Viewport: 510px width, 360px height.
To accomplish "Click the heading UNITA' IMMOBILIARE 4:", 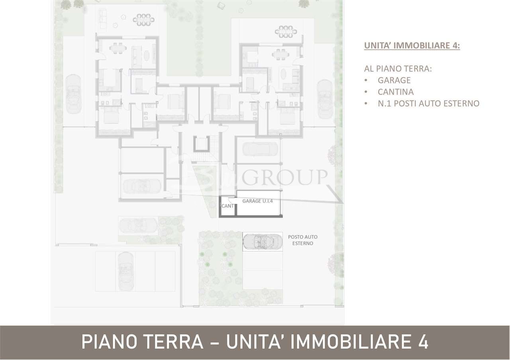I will pyautogui.click(x=412, y=45).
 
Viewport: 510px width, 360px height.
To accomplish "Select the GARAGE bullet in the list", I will pyautogui.click(x=394, y=80).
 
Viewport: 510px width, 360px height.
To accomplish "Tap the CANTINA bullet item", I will pyautogui.click(x=396, y=92).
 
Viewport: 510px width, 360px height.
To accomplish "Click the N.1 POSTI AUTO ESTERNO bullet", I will pyautogui.click(x=428, y=103).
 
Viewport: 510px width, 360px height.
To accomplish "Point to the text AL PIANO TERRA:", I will pyautogui.click(x=398, y=68).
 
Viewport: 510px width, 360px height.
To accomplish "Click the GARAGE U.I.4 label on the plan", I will pyautogui.click(x=257, y=201).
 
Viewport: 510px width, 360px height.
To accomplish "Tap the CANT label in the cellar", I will pyautogui.click(x=228, y=206).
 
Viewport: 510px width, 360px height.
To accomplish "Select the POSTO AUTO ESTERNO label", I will pyautogui.click(x=303, y=240).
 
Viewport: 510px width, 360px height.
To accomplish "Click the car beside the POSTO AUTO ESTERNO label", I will pyautogui.click(x=263, y=241).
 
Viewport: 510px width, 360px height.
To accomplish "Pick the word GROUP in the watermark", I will pyautogui.click(x=284, y=177).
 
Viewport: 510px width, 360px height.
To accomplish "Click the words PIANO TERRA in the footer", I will pyautogui.click(x=142, y=342).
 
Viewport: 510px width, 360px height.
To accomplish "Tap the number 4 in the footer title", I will pyautogui.click(x=423, y=342).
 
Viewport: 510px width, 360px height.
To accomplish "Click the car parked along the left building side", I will pyautogui.click(x=73, y=94).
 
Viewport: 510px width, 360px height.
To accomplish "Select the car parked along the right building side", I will pyautogui.click(x=325, y=98).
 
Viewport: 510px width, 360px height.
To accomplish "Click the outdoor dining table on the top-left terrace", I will pyautogui.click(x=143, y=20).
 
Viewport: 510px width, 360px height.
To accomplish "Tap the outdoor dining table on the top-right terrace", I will pyautogui.click(x=286, y=31).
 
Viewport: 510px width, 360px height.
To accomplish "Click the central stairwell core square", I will pyautogui.click(x=201, y=144).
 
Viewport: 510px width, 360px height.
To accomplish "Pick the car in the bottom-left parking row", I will pyautogui.click(x=126, y=271).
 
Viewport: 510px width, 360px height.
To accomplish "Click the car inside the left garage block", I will pyautogui.click(x=141, y=186).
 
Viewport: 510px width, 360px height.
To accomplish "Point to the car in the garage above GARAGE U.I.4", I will pyautogui.click(x=259, y=149).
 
